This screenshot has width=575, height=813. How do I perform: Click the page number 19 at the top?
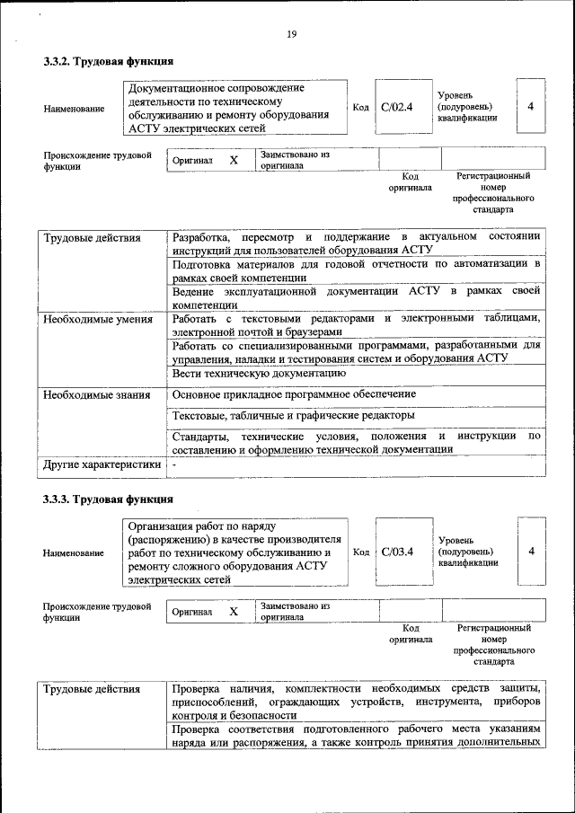point(291,34)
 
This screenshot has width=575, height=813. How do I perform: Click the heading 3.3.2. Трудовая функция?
point(108,62)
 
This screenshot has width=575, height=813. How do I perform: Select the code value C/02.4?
point(396,107)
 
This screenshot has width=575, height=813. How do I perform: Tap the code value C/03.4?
point(396,552)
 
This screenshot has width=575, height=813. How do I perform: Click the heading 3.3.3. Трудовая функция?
point(108,499)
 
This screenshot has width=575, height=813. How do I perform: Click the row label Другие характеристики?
point(102,464)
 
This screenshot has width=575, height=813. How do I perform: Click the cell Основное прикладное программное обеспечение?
point(295,393)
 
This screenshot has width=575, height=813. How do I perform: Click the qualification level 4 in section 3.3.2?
point(531,107)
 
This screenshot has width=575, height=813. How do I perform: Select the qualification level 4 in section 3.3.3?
point(531,551)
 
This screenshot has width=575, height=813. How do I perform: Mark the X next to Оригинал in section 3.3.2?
point(234,160)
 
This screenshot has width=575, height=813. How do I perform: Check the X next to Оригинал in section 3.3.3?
point(234,612)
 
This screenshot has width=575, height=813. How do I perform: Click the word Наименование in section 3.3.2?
point(74,109)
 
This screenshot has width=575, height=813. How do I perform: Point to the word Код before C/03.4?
point(360,552)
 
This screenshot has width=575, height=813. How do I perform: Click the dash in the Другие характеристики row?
point(174,464)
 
